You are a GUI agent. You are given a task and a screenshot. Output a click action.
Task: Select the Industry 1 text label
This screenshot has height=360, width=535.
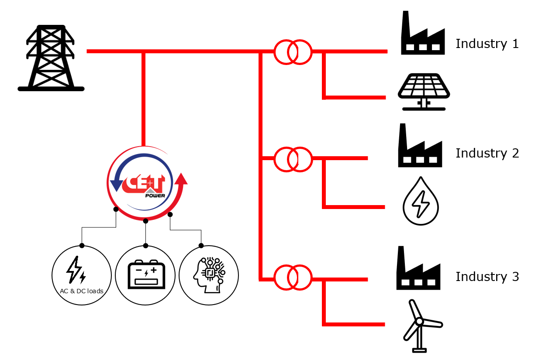487,44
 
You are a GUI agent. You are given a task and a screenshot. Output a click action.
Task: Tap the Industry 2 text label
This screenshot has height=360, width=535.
487,153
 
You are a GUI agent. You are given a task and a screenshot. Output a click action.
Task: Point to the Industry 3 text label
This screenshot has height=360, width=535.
487,277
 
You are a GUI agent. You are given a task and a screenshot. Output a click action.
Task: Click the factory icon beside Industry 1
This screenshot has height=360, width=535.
422,35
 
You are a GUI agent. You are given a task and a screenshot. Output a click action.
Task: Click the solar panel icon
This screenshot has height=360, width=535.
423,91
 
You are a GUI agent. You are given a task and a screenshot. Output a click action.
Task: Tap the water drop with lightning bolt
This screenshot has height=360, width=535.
420,201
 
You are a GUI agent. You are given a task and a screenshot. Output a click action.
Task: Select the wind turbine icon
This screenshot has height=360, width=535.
420,325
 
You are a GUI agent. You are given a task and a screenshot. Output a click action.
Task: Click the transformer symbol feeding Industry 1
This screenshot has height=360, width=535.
293,52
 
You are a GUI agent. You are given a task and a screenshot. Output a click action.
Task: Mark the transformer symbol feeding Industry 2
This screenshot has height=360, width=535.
293,159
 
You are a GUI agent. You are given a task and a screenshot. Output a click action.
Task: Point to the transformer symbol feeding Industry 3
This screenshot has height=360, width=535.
293,277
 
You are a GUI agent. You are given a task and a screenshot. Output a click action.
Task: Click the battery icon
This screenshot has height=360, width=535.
146,274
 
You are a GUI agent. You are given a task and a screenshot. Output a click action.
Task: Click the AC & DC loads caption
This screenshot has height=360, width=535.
81,291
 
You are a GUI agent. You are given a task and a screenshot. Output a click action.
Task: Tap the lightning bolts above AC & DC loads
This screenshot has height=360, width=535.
76,270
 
